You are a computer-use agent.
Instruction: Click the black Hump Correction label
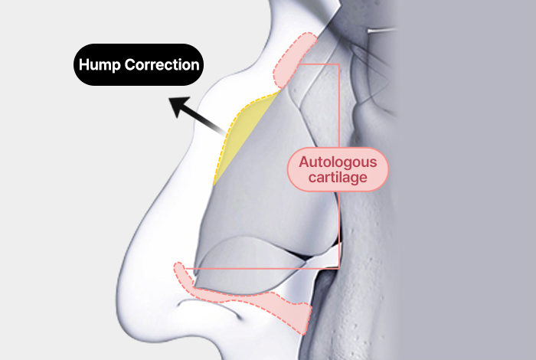tap(139, 64)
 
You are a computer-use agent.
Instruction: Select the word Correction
tap(162, 64)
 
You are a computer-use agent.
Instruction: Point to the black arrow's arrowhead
tap(177, 106)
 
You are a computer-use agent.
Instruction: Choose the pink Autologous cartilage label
tap(338, 169)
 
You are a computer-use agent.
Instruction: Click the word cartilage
tap(338, 177)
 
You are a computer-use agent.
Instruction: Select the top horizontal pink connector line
tap(318, 65)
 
